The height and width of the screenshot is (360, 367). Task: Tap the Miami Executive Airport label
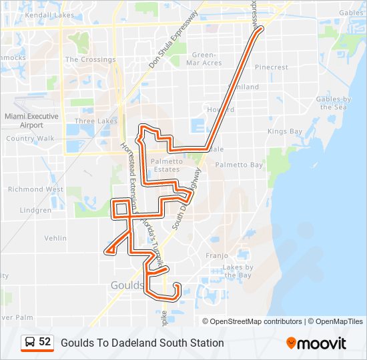31,121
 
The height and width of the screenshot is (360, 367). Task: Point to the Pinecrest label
271,67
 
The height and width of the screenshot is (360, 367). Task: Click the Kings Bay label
285,131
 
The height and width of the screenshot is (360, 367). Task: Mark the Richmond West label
36,189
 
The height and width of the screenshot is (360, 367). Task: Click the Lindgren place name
35,210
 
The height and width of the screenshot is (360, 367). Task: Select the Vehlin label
55,238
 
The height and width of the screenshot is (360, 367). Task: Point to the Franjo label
217,255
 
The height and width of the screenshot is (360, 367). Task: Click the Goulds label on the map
126,285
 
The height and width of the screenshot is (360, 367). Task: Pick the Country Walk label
30,139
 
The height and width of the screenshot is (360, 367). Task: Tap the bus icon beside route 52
30,342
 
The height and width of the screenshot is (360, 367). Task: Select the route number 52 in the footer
45,342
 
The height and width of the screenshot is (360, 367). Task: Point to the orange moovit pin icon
291,343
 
